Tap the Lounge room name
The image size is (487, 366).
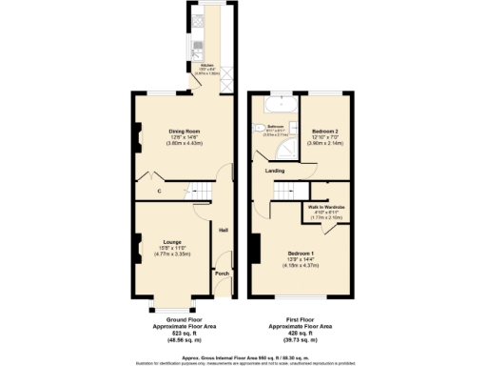[172, 241]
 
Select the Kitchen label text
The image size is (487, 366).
[207, 66]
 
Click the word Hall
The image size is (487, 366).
[224, 230]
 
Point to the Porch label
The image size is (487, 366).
[222, 274]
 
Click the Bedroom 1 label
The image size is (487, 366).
[300, 253]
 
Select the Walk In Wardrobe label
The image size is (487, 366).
[325, 207]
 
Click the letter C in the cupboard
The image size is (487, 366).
[159, 193]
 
